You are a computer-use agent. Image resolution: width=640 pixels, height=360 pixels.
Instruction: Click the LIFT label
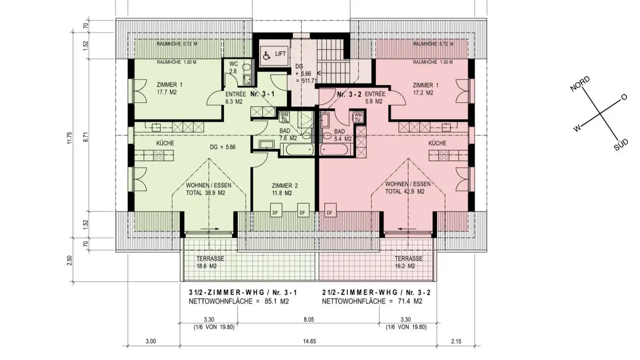point(280,54)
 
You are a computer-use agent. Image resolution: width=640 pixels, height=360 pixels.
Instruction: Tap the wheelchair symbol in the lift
point(267,56)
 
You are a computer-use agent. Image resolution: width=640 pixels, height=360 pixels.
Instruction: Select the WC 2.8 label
point(233,68)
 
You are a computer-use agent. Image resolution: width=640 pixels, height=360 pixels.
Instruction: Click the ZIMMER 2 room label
point(284,189)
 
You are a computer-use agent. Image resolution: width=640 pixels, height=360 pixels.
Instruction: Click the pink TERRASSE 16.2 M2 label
point(408,262)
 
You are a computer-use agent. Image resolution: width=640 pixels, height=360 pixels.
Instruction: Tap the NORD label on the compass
point(580,84)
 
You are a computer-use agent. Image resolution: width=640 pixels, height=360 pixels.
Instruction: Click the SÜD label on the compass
point(621,145)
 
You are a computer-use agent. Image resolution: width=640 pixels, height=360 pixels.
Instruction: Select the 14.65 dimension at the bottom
point(309,341)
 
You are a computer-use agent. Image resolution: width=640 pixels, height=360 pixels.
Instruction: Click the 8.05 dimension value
point(308,320)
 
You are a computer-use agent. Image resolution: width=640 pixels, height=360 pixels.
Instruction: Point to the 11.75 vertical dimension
point(70,137)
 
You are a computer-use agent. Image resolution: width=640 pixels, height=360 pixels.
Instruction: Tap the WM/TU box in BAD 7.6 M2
point(284,117)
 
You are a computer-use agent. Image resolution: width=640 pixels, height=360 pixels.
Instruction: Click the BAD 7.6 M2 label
point(288,135)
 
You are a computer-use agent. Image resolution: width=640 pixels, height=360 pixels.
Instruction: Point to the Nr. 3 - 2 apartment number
point(349,94)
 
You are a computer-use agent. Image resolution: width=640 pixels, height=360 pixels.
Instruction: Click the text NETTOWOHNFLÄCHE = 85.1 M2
point(239,301)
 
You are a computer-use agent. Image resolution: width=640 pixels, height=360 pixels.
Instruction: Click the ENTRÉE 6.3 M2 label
point(236,98)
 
